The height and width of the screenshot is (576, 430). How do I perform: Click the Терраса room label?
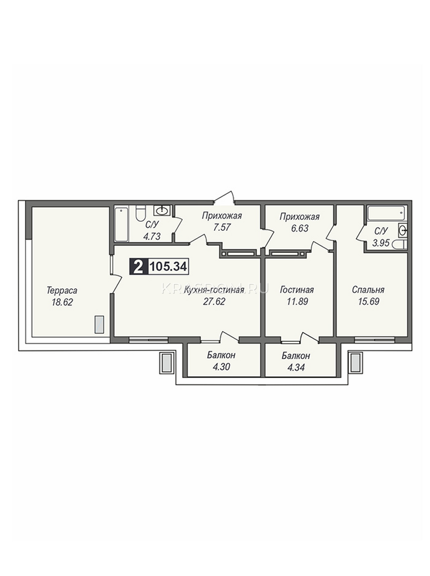tap(62, 291)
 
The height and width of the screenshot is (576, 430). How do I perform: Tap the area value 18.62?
tap(62, 302)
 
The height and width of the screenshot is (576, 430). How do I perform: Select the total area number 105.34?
tap(168, 267)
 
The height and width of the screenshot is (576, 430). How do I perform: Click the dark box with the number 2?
tap(139, 267)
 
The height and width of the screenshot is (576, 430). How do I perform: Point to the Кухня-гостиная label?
tap(214, 290)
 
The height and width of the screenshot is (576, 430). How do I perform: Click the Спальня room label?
tap(368, 290)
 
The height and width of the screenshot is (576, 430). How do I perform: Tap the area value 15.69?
tap(369, 301)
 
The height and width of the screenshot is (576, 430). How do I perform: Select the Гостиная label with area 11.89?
tap(297, 290)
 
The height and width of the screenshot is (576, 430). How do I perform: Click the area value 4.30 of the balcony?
tap(221, 367)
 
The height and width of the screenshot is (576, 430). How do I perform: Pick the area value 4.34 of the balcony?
tap(296, 368)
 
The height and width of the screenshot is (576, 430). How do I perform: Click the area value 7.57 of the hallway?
tap(221, 228)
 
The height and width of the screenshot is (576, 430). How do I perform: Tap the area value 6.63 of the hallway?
tap(300, 228)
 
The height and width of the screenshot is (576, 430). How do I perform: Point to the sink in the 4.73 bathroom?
tap(162, 210)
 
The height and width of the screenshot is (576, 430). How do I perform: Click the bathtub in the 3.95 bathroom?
tap(387, 213)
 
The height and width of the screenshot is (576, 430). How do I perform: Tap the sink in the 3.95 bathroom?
tap(403, 231)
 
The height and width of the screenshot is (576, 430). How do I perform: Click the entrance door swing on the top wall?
tap(224, 197)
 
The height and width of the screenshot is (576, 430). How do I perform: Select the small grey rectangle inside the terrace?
tap(99, 324)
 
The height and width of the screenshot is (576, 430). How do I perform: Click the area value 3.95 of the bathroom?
tap(381, 243)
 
